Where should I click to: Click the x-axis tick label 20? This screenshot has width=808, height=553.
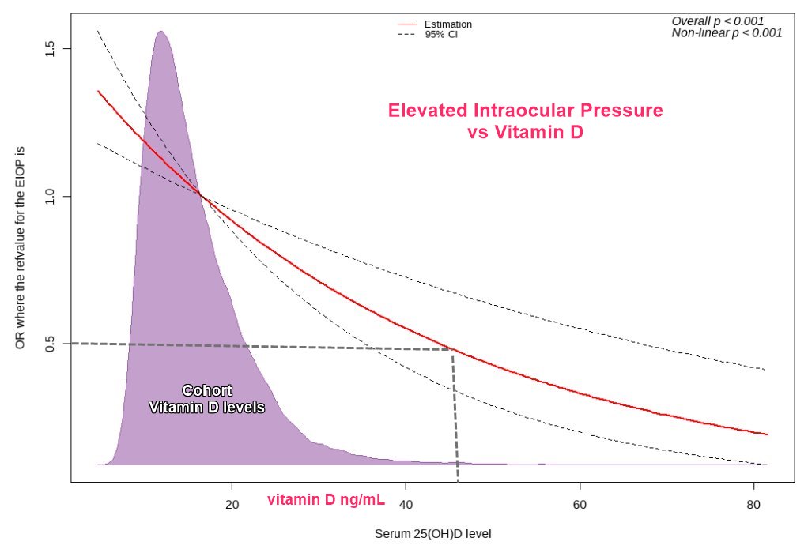pos(232,505)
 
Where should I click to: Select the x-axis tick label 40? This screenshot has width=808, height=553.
pos(405,505)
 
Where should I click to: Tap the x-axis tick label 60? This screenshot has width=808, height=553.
pos(579,505)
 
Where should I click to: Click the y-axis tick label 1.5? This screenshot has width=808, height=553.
pos(50,48)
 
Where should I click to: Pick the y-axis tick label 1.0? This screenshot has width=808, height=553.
pos(50,196)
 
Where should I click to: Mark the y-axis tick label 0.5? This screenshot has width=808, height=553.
pos(50,344)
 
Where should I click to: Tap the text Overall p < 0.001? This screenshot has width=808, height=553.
pos(717,21)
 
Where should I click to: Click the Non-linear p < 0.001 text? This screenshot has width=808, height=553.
pos(727,32)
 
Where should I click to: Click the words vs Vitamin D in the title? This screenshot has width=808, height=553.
pos(525,133)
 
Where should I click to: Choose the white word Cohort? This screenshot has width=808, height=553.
pos(206,390)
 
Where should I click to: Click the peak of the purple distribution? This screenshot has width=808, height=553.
pos(160,32)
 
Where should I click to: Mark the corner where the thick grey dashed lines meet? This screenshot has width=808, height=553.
pos(452,350)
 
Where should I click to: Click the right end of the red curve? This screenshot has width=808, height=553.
pos(767,434)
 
